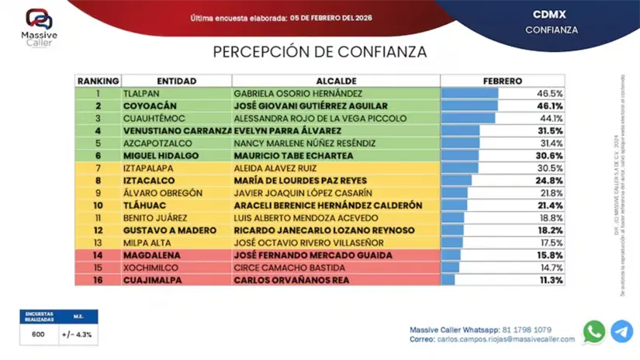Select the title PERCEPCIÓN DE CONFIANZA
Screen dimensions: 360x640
click(x=320, y=52)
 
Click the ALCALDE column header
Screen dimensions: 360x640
click(x=337, y=81)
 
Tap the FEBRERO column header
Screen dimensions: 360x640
click(x=503, y=81)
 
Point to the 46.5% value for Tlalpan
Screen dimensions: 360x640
click(x=550, y=93)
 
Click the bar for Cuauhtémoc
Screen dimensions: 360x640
click(x=468, y=119)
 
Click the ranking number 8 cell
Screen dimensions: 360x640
click(x=99, y=181)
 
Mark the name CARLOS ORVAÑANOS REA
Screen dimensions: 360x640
click(x=292, y=280)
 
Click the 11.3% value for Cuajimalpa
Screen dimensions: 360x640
click(x=550, y=280)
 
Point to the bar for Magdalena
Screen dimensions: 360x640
click(x=451, y=255)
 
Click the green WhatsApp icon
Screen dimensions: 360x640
click(x=594, y=331)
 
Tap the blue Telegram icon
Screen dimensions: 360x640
click(x=621, y=331)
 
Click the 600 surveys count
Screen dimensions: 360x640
click(x=38, y=334)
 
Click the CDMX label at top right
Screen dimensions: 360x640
click(x=552, y=15)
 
